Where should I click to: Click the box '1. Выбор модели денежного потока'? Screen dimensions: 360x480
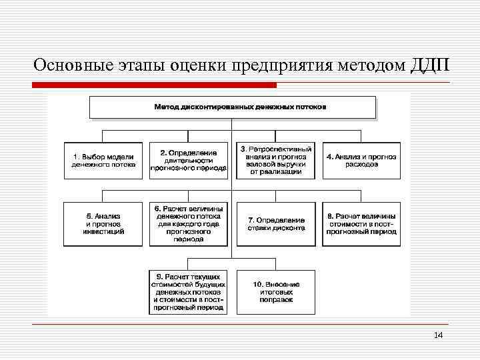(x=103, y=160)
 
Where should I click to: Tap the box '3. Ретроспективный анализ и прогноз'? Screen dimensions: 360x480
(x=275, y=160)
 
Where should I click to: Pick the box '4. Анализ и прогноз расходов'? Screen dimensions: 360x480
(x=361, y=160)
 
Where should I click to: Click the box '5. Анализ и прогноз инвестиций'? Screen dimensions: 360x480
(x=103, y=224)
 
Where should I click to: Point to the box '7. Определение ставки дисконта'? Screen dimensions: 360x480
(x=275, y=224)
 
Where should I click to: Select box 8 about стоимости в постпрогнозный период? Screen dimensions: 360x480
(x=361, y=224)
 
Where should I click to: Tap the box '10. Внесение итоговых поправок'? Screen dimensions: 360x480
(x=275, y=291)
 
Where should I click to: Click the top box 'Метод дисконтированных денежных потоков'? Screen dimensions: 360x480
(x=232, y=107)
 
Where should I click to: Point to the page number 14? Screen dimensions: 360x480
(x=438, y=335)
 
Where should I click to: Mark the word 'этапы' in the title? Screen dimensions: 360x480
(x=139, y=65)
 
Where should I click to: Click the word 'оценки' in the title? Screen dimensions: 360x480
(x=197, y=65)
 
